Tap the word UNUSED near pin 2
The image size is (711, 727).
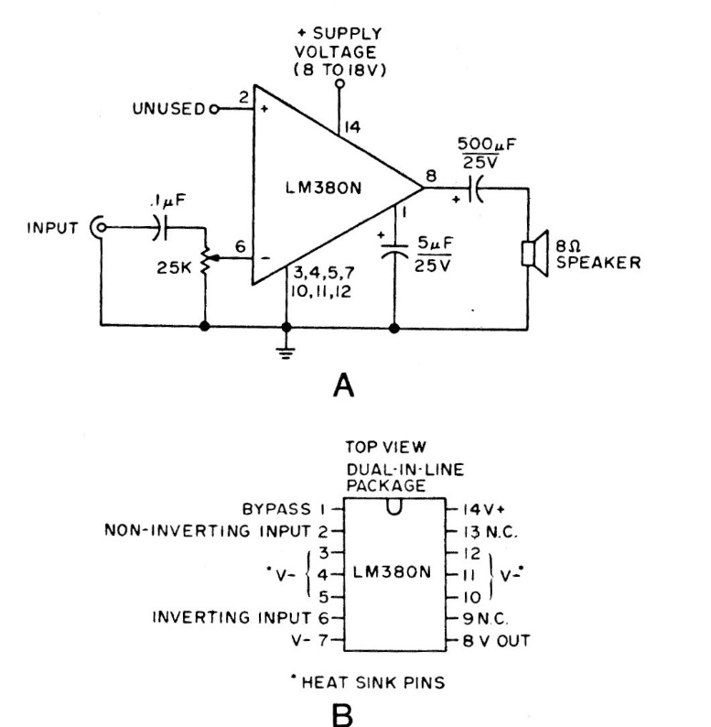pyautogui.click(x=170, y=109)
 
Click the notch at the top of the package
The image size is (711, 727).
pyautogui.click(x=393, y=505)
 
